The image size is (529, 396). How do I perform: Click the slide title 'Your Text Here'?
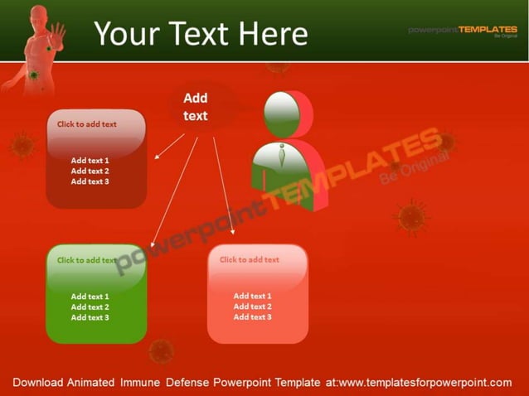pos(201,33)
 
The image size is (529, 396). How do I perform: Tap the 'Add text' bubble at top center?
pos(196,108)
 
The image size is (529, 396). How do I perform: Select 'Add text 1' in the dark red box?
pos(90,161)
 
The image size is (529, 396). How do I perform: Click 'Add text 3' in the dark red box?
pos(90,181)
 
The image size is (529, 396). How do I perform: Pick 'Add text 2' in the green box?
pos(90,307)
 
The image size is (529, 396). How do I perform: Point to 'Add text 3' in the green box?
pos(90,318)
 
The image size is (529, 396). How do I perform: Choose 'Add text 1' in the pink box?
pos(252,297)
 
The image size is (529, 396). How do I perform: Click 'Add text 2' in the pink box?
pos(252,307)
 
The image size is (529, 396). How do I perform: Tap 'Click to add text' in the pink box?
pos(250,260)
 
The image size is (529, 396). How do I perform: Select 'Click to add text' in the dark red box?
pos(87,124)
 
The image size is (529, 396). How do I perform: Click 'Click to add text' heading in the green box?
pos(86,260)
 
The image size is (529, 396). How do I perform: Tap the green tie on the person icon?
pos(282,155)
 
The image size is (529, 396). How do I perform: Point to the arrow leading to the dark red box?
pos(169,146)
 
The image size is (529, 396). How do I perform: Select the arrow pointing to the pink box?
pos(223,186)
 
